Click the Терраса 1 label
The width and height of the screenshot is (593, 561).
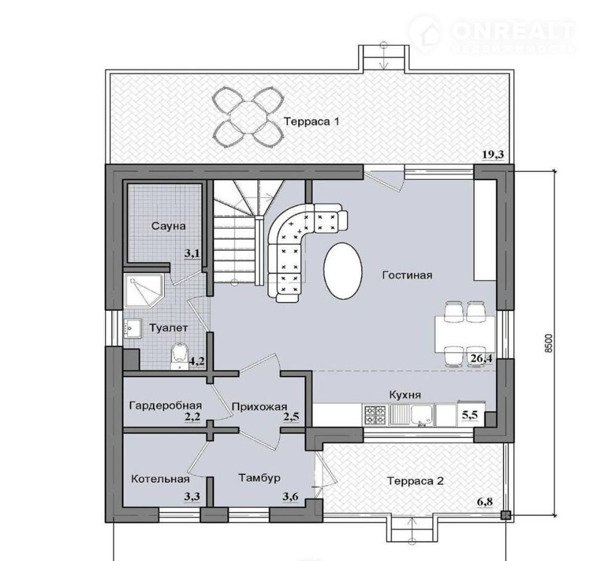point(312,121)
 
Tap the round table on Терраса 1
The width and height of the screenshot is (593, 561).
point(247,118)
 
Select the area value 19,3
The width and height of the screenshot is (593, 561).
point(493,155)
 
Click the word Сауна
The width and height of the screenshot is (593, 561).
point(168,226)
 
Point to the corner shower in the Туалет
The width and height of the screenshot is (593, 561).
point(144,291)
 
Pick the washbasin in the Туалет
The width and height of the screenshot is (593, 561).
point(132,328)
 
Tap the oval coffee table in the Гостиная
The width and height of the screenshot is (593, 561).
point(343,271)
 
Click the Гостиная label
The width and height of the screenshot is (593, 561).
point(407,275)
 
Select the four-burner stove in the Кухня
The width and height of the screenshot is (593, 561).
point(375,416)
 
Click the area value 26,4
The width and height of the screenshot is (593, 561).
point(481,358)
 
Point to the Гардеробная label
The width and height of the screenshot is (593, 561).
point(165,406)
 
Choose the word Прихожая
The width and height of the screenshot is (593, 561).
point(259,407)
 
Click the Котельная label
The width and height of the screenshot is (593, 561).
point(160,479)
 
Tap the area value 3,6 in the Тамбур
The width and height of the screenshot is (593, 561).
point(291,496)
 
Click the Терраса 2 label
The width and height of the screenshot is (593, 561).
point(415,481)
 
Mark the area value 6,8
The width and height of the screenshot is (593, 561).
point(485,502)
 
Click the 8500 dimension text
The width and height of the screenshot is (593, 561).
point(549,343)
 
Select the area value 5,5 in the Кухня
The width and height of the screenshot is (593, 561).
point(470,415)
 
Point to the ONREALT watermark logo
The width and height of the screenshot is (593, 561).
point(492,34)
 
